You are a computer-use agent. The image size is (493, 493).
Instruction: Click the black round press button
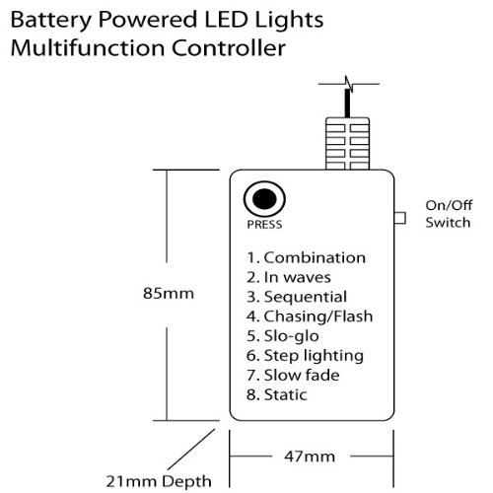point(264,199)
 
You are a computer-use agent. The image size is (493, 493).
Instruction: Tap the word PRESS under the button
point(264,225)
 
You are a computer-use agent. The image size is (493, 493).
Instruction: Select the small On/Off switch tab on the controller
point(400,218)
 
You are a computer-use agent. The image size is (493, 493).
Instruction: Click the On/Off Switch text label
point(449,214)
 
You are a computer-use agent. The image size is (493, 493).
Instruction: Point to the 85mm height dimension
point(169,293)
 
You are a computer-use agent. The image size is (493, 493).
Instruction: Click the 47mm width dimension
point(310,457)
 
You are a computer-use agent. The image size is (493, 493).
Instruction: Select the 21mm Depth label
point(159,482)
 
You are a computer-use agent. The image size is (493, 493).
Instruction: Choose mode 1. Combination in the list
point(306,257)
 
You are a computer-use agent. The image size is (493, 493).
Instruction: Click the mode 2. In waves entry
point(289,277)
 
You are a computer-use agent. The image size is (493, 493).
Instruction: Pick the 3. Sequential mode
point(297,297)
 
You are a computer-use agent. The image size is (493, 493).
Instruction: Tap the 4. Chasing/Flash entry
point(310,317)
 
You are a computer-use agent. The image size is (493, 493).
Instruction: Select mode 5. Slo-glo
point(283,336)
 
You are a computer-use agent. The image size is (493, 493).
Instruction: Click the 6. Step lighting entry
point(305,356)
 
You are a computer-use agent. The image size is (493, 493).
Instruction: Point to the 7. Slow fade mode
point(293,376)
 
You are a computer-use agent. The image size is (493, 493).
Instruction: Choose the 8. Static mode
point(277,394)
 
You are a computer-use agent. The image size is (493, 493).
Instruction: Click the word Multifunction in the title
point(88,48)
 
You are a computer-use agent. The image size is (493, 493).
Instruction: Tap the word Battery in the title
point(51,21)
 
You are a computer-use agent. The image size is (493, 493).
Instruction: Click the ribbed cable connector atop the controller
point(347,144)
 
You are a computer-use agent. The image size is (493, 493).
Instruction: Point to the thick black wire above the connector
point(347,104)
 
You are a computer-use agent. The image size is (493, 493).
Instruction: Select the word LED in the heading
point(226,20)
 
